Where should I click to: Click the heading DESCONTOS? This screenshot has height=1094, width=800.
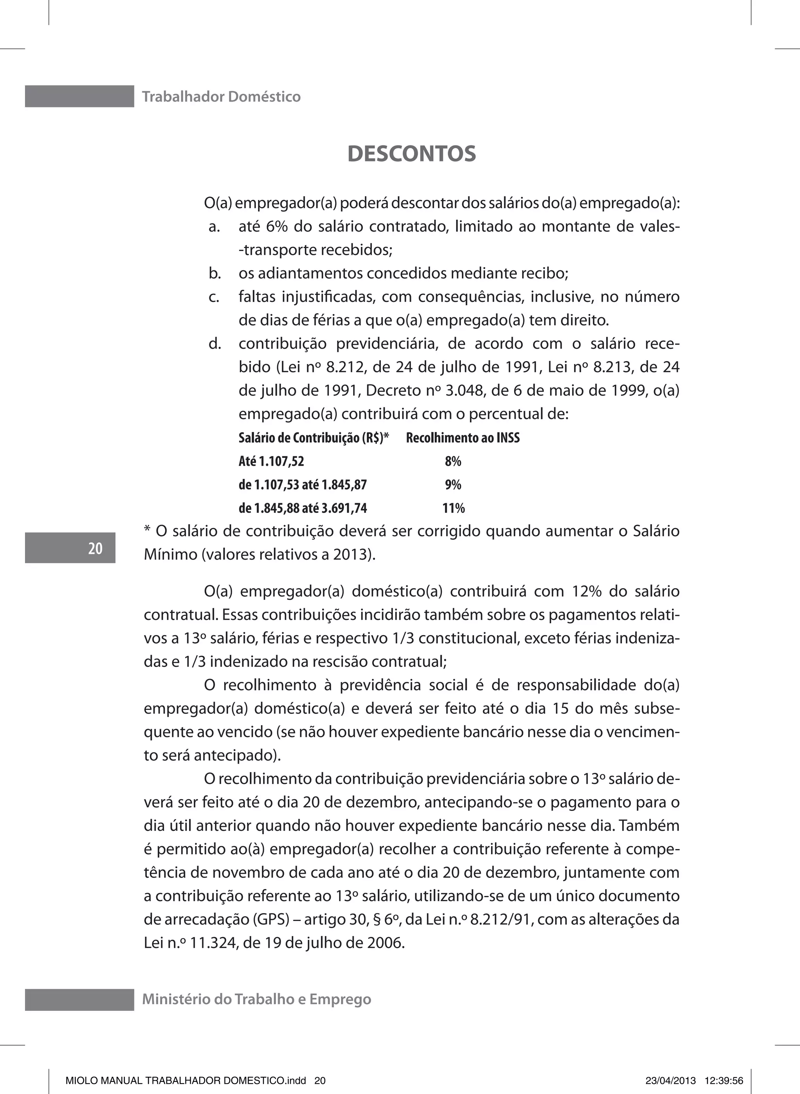pos(412,154)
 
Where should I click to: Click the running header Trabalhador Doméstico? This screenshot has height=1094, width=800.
pos(221,97)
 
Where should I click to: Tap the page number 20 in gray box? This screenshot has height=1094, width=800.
pos(95,548)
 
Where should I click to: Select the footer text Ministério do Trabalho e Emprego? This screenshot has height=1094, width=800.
pos(256,999)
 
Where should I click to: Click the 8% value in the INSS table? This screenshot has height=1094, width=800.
pos(453,462)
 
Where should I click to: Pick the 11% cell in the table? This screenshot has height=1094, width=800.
pos(453,508)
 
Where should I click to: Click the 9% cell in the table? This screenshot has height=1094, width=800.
pos(453,485)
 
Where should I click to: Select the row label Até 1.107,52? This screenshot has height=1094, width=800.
pos(271,462)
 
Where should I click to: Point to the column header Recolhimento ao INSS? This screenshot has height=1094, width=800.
pos(462,438)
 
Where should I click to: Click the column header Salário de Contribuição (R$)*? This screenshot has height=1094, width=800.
pos(314,438)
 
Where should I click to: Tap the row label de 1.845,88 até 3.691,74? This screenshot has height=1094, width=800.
pos(303,508)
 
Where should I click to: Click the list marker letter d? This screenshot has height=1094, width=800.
pos(214,344)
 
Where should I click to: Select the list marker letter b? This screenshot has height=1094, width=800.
pos(214,274)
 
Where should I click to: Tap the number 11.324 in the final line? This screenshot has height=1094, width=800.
pos(211,942)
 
